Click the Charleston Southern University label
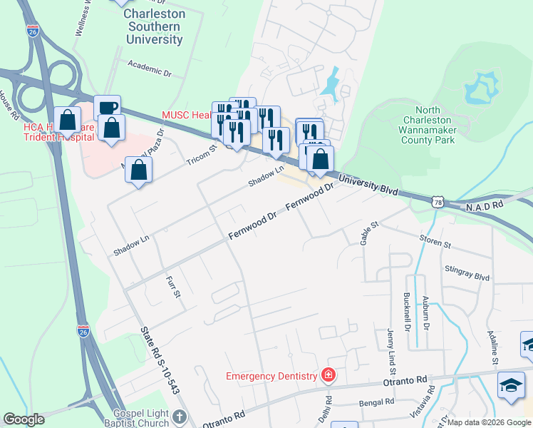[x=154, y=26]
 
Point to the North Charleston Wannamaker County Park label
[x=428, y=126]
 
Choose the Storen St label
[x=436, y=244]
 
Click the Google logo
[x=24, y=419]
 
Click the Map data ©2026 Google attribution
[x=488, y=422]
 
